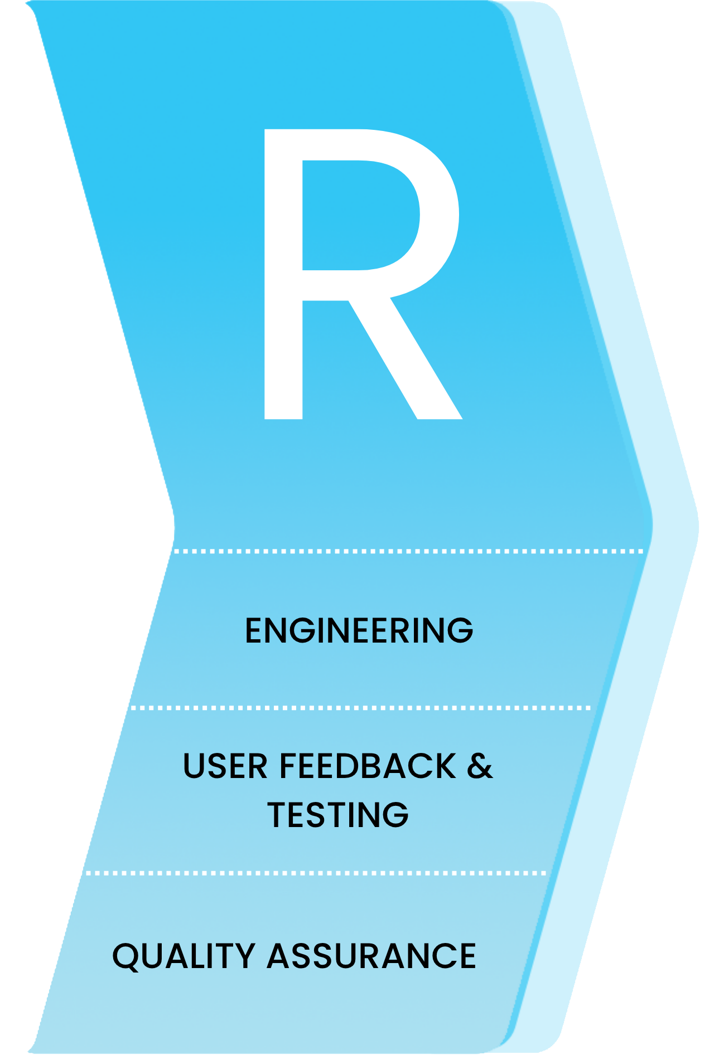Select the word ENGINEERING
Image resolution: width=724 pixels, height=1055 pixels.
(359, 630)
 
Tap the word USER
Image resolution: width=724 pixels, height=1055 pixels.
(225, 766)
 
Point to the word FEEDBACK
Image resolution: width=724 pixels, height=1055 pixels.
(368, 766)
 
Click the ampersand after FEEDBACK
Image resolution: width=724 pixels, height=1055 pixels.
(480, 766)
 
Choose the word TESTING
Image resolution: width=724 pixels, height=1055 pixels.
(338, 814)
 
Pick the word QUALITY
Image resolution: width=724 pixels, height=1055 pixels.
(184, 956)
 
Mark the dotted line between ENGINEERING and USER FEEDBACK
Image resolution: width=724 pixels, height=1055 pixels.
(360, 708)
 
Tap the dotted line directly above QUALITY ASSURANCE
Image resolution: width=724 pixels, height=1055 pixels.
(316, 873)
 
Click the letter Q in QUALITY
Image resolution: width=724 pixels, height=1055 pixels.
(127, 957)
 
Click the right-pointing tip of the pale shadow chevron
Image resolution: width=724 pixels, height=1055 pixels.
(696, 524)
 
